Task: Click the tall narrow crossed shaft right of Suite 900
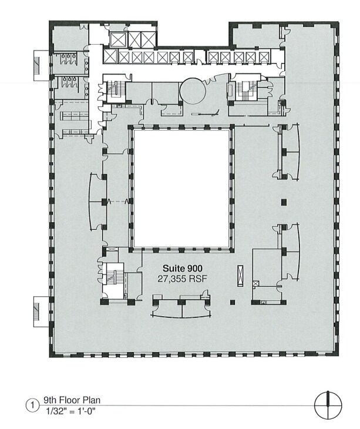point(239,274)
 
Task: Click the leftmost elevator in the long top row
point(109,56)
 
